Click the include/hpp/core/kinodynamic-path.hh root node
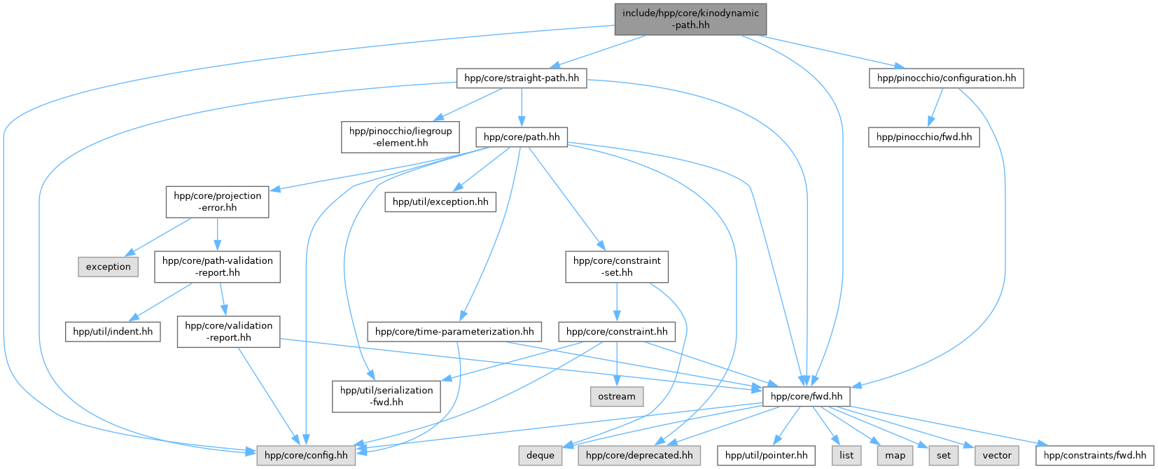(690, 19)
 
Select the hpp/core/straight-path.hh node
(522, 78)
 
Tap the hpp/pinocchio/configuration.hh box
(946, 78)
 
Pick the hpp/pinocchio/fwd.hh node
(923, 136)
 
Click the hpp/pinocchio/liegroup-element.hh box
(400, 136)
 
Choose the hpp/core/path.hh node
(522, 136)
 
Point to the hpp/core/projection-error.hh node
(217, 202)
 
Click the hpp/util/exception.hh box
(440, 202)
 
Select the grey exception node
(109, 267)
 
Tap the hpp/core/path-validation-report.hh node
(217, 267)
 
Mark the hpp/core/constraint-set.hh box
(617, 267)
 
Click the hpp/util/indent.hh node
(113, 331)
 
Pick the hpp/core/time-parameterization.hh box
(454, 331)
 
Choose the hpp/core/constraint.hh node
(617, 331)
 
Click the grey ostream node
(617, 396)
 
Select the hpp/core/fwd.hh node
(807, 396)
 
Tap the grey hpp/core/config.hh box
(306, 455)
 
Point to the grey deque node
(540, 455)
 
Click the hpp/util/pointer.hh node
(766, 455)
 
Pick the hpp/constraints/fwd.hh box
(1095, 455)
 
